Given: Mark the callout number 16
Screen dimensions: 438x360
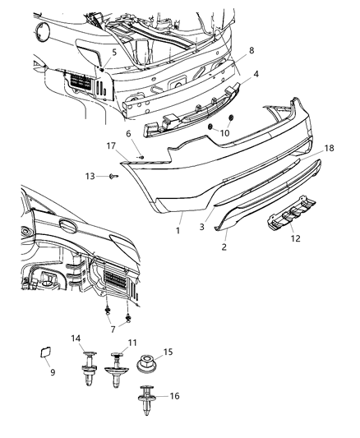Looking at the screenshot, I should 175,394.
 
